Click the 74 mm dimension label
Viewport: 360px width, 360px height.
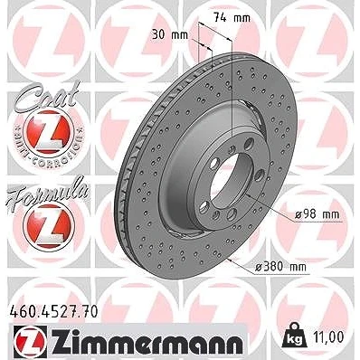[x=232, y=18]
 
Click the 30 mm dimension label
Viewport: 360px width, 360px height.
[x=170, y=35]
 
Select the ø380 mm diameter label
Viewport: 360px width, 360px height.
[x=280, y=267]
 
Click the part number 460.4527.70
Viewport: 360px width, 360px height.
[x=53, y=311]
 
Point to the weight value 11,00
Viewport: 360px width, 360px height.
[x=329, y=336]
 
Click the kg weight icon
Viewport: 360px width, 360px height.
[x=295, y=336]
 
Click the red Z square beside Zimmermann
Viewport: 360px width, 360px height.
[x=30, y=341]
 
